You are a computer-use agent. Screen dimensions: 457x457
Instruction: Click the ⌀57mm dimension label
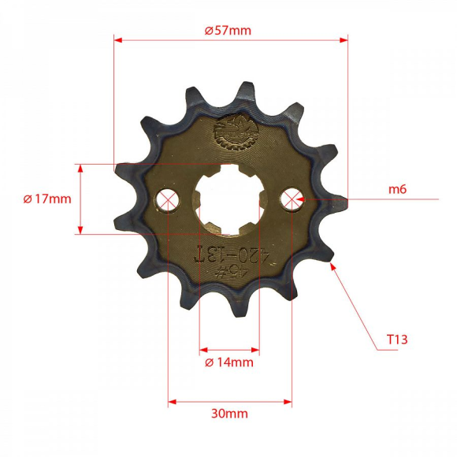(228, 31)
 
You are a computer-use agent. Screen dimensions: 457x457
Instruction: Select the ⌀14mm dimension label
(228, 362)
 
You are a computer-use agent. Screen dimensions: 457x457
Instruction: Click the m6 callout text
(397, 189)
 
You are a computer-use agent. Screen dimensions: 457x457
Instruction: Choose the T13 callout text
(396, 340)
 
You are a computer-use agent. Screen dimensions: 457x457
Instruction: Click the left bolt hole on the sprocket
(167, 199)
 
